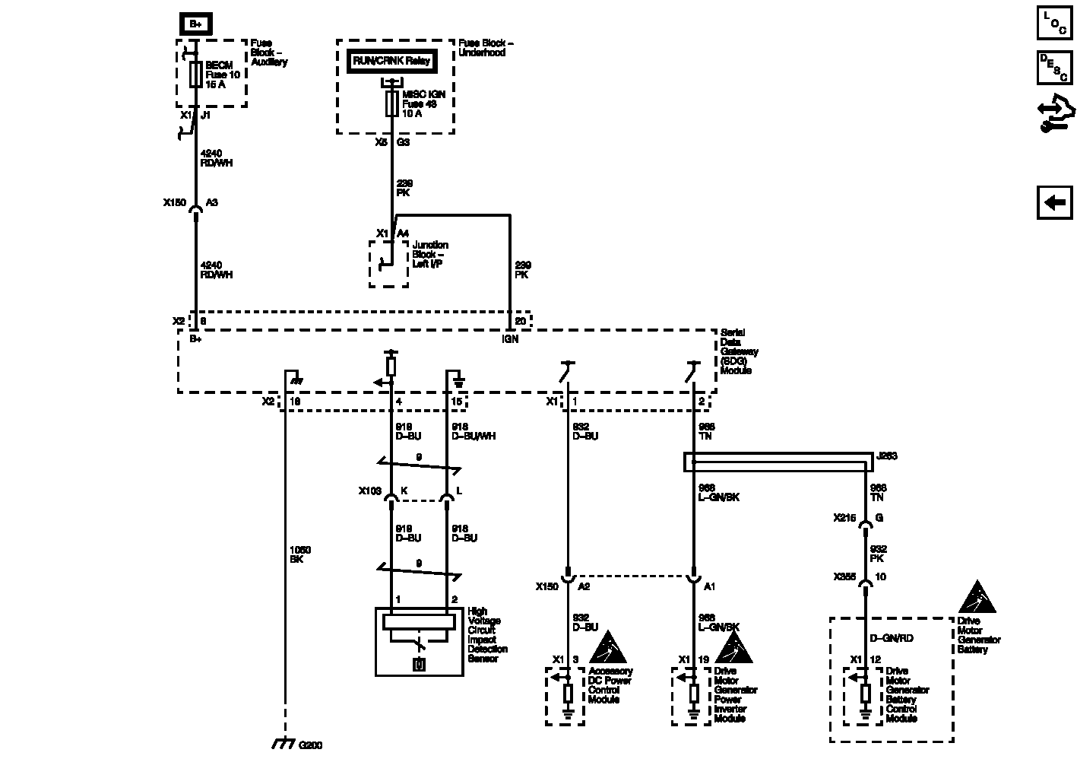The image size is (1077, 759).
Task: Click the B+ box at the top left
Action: (x=195, y=24)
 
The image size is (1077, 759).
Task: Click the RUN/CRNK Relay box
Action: (x=391, y=61)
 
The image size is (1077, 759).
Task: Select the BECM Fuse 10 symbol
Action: (x=195, y=75)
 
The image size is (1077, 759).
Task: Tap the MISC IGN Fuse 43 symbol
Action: (x=392, y=103)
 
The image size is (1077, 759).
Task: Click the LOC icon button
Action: (x=1054, y=23)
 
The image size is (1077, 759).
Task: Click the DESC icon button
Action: (x=1054, y=68)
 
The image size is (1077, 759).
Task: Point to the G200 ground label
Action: (x=311, y=745)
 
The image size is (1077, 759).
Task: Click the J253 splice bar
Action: (x=776, y=462)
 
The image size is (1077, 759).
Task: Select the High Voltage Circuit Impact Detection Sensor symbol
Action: (x=419, y=642)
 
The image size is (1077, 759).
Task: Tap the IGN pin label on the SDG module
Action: (x=510, y=339)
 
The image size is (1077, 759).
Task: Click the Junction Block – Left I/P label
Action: (x=430, y=254)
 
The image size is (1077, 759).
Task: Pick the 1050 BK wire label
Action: (x=300, y=554)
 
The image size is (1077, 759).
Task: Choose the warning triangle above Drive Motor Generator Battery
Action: (x=977, y=598)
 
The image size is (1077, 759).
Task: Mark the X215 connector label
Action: (x=844, y=518)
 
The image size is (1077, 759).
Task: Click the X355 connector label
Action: (x=844, y=577)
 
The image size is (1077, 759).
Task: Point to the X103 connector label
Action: (x=370, y=491)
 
